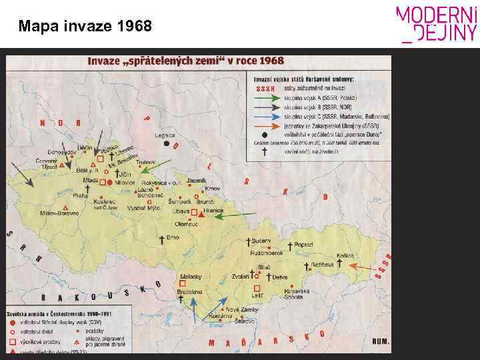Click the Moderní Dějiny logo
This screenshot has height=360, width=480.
437,25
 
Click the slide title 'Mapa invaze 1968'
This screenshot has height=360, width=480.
85,27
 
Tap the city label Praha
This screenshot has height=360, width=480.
81,195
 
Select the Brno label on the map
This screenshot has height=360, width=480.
173,237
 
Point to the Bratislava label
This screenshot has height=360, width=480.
190,291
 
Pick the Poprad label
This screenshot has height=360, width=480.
303,245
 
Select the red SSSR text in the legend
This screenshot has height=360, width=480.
265,89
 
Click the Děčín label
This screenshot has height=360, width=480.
85,147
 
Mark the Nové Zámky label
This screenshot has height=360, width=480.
240,309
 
